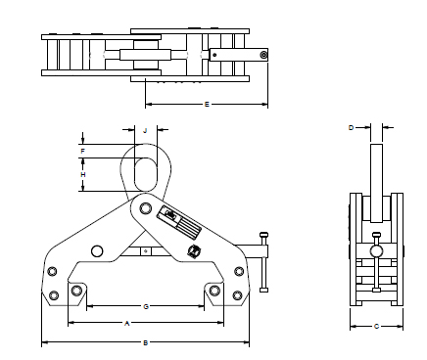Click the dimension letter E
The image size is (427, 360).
(207, 105)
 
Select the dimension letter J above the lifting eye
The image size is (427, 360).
(145, 131)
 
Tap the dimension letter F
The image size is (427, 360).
(83, 152)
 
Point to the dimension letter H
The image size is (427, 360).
(83, 175)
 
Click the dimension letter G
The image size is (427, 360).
(146, 306)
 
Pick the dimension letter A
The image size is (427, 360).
(127, 323)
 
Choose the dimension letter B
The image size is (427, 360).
(146, 342)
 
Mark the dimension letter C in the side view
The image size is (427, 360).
(376, 326)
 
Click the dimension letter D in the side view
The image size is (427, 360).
(352, 127)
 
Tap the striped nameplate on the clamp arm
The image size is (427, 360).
(179, 221)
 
